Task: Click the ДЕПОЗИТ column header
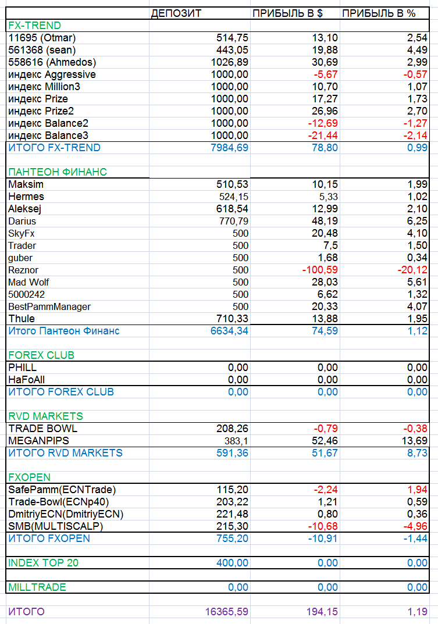[x=176, y=13]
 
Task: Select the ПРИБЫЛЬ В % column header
[x=379, y=13]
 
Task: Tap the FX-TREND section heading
[x=35, y=26]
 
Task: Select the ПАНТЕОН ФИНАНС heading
[x=58, y=172]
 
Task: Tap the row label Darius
[x=22, y=221]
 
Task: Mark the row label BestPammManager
[x=49, y=306]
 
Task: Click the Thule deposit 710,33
[x=232, y=319]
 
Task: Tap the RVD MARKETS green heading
[x=45, y=416]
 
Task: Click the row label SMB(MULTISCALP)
[x=55, y=526]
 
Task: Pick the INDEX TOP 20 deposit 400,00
[x=232, y=563]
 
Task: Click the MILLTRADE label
[x=37, y=587]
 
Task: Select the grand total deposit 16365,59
[x=227, y=612]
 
